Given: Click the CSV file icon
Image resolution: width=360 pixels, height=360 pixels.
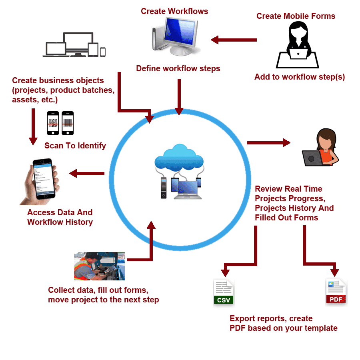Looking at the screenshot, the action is click(x=224, y=292).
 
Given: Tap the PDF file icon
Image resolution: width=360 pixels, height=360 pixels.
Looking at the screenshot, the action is click(x=336, y=292).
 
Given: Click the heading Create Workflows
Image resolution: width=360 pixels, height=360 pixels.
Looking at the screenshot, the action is click(x=174, y=11).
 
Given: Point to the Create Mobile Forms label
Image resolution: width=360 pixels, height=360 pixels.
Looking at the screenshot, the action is click(x=296, y=16).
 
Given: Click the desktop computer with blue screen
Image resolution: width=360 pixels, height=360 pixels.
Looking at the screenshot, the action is click(x=176, y=36).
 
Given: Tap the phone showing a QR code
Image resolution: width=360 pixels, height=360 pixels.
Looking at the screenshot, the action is click(x=53, y=123).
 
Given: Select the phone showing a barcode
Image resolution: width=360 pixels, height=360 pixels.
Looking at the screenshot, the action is click(x=68, y=123).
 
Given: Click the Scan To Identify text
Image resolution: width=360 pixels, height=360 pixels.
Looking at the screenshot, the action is click(x=75, y=146).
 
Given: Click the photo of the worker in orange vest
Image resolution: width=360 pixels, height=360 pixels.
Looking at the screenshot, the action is click(x=100, y=266).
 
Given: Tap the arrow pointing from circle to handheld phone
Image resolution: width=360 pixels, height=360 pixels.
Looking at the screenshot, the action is click(x=87, y=174).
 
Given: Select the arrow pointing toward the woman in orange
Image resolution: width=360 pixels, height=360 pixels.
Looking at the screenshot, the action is click(x=269, y=143).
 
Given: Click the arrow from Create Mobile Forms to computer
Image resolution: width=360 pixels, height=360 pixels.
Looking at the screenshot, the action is click(x=234, y=40).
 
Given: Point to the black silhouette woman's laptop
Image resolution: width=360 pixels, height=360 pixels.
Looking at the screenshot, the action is click(x=298, y=54).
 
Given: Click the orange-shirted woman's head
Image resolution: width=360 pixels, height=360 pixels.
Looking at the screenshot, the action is click(x=326, y=138).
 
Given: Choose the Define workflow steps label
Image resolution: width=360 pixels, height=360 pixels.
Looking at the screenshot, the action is click(x=178, y=68).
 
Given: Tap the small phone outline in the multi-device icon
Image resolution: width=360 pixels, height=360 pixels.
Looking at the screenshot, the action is click(x=103, y=52).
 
